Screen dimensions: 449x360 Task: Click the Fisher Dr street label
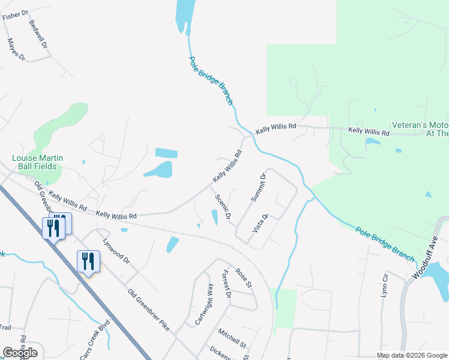(15, 15)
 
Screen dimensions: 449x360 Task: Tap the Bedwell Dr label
(38, 33)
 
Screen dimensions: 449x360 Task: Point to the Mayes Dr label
(16, 50)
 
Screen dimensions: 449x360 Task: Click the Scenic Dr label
(222, 208)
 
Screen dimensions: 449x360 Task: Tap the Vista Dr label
(260, 223)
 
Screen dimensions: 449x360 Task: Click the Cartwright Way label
(204, 305)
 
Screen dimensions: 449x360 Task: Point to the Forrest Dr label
(226, 283)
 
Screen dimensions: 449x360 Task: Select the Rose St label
(242, 277)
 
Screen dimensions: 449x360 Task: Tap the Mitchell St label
(232, 338)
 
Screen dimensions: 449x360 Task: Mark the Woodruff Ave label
(427, 257)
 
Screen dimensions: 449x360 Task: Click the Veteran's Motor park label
(420, 129)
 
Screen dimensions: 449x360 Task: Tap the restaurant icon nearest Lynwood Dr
(89, 261)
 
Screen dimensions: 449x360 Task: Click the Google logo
(20, 352)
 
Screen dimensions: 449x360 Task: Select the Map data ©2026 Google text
(411, 355)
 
